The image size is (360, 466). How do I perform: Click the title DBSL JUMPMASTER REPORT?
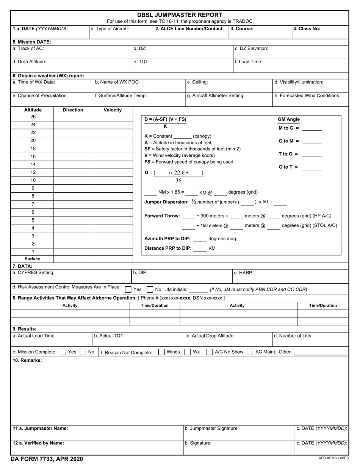(x=180, y=15)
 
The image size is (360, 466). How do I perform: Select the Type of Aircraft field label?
(x=110, y=28)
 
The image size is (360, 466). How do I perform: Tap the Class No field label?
(x=307, y=28)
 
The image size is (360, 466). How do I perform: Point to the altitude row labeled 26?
(x=33, y=117)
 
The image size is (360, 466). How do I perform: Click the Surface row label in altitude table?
(x=33, y=259)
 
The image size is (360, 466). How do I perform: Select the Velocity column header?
(x=113, y=110)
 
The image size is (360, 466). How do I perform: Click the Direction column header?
(x=73, y=110)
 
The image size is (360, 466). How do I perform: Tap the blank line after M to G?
(x=312, y=129)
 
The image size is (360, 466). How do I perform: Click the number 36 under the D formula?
(x=178, y=181)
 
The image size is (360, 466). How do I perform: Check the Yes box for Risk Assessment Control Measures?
(x=128, y=289)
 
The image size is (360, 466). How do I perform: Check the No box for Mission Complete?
(x=83, y=352)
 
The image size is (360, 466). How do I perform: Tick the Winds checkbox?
(x=161, y=352)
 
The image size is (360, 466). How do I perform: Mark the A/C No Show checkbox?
(x=209, y=352)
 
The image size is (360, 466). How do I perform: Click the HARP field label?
(x=244, y=272)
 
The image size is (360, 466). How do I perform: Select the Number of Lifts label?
(x=293, y=336)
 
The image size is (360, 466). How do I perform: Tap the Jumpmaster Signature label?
(x=211, y=428)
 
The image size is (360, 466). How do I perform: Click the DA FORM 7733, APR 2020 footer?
(x=47, y=459)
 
